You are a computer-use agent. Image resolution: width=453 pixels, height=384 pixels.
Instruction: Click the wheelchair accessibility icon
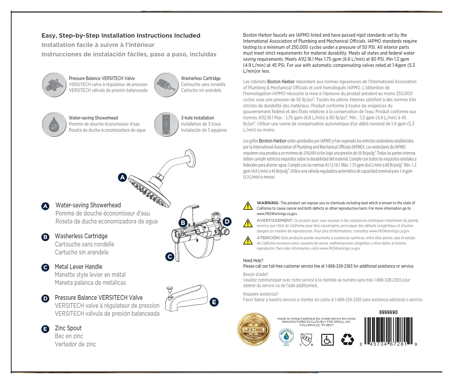click(x=327, y=339)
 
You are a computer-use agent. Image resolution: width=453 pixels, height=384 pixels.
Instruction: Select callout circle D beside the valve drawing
click(x=227, y=222)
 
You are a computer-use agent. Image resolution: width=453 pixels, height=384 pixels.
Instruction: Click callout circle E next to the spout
click(x=213, y=303)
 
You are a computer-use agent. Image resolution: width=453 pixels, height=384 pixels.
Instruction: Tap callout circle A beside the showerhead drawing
click(x=122, y=178)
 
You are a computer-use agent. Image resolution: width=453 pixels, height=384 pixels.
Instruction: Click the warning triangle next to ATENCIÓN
click(x=247, y=240)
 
